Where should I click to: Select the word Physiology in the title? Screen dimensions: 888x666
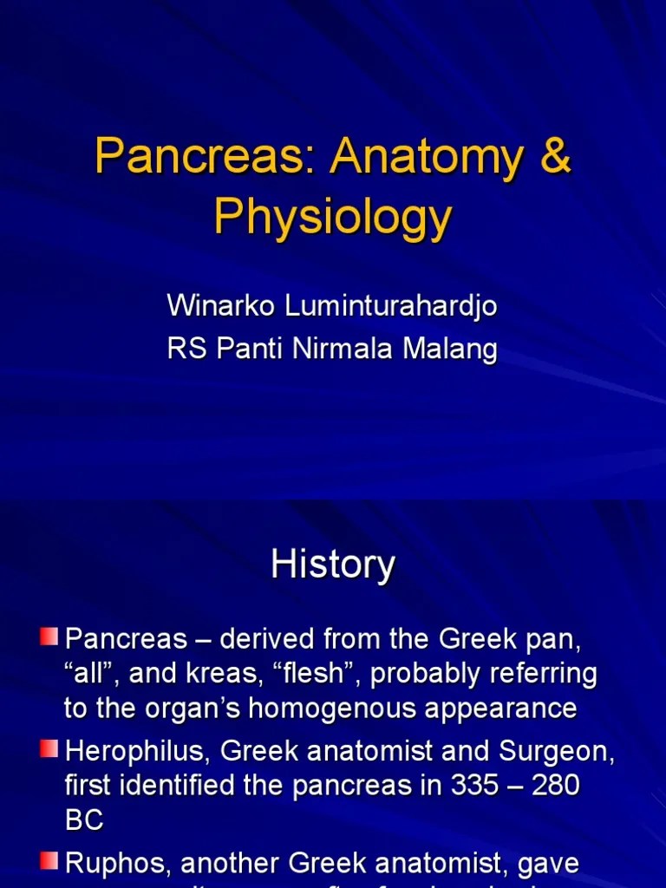pos(333,217)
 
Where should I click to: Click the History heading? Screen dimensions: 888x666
pos(333,564)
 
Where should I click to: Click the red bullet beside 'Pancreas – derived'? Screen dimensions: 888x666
pos(49,638)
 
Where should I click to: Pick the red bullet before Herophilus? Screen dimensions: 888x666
pos(49,748)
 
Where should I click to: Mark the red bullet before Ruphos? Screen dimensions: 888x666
pos(49,860)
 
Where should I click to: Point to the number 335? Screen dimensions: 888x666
pos(477,786)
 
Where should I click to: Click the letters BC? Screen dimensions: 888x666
pos(84,820)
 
